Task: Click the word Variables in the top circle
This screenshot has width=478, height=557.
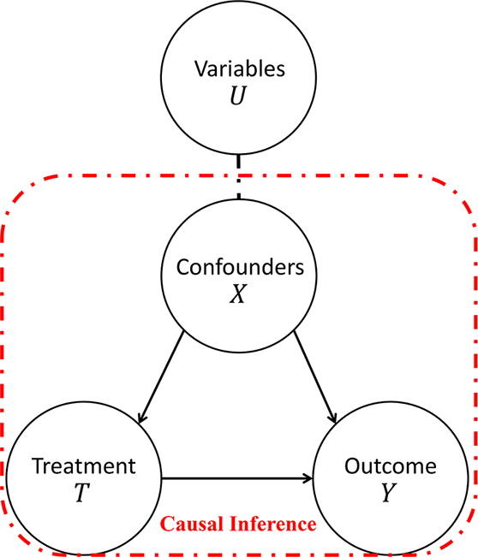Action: pos(240,68)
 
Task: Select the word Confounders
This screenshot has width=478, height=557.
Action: pos(240,266)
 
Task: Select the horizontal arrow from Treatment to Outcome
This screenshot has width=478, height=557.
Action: pos(236,479)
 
